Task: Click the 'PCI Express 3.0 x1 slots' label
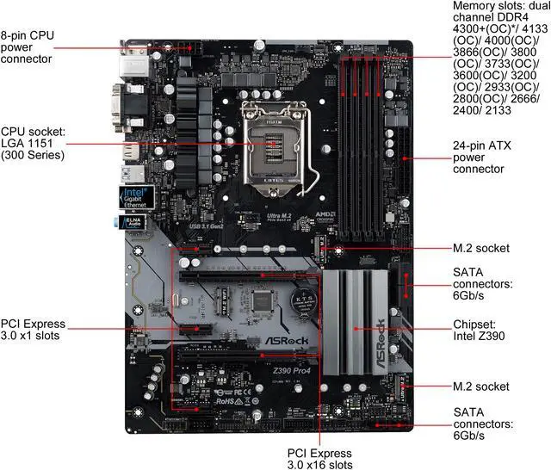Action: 33,330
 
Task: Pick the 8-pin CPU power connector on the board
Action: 180,47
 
